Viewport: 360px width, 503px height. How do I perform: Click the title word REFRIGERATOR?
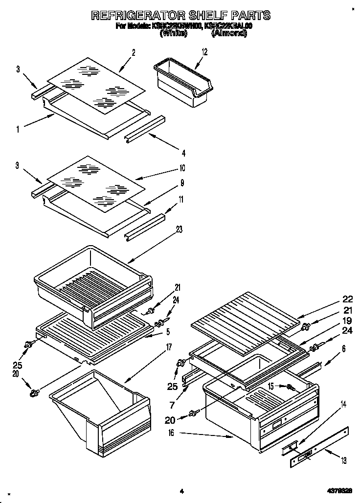135,16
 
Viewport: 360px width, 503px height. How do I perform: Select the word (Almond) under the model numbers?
229,34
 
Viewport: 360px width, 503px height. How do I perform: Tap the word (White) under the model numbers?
174,34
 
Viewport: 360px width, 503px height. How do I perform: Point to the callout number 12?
204,51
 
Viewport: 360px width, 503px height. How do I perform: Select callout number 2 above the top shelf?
133,53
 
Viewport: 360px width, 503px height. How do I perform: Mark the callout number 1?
17,129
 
